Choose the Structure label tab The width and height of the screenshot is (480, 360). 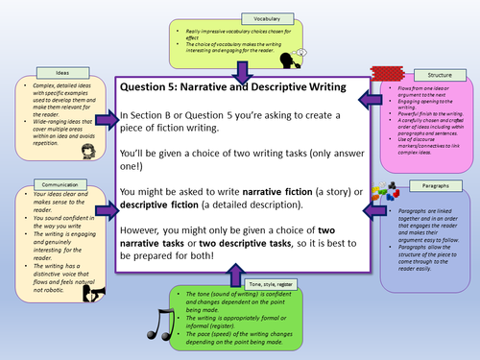coord(427,74)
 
